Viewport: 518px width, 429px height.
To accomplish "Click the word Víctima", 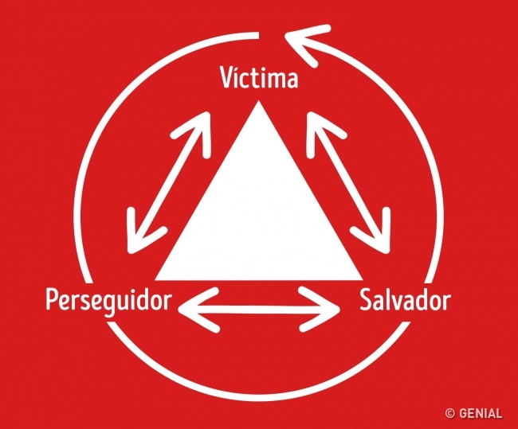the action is pos(259,77).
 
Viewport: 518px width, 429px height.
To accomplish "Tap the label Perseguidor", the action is pos(108,301).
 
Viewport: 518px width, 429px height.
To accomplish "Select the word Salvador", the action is pos(405,299).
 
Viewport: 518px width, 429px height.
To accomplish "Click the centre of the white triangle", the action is pos(259,220).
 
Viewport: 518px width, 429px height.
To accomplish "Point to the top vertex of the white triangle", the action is pos(259,100).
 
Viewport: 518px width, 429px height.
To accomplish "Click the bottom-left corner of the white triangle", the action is pos(155,280).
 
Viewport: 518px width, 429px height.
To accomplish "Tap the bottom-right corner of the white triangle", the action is pos(362,280).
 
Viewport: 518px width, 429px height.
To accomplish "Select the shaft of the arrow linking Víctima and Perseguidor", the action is pos(168,183).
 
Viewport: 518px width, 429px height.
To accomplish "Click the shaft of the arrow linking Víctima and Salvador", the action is pos(348,183).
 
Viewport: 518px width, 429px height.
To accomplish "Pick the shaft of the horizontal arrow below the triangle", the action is pos(259,309).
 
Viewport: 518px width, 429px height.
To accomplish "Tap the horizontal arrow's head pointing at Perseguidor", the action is pos(198,309).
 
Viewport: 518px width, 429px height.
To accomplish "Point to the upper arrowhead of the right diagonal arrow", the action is pos(322,132).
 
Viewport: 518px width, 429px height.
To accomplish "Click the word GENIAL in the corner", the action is pos(481,413).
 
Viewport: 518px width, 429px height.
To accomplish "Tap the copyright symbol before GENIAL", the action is pos(449,413).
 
